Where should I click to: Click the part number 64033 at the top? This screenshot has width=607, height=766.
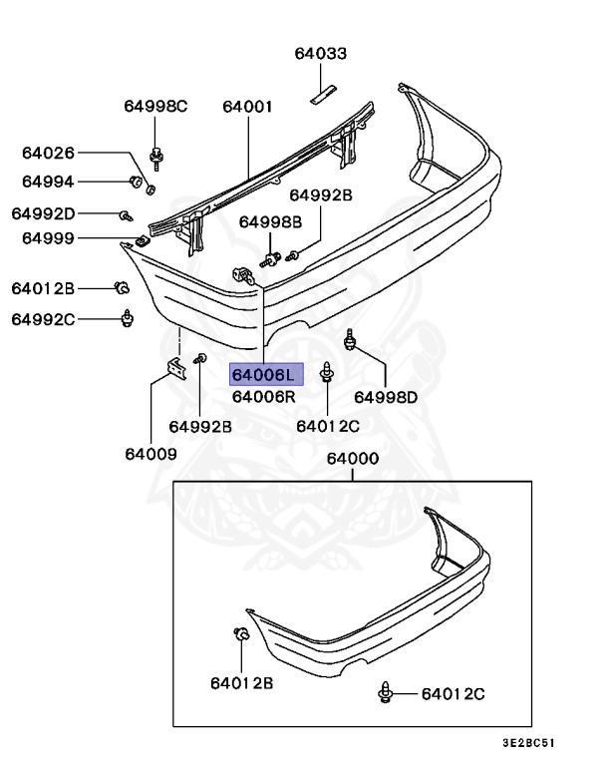pyautogui.click(x=320, y=54)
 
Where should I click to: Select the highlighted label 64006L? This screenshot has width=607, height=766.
pyautogui.click(x=264, y=375)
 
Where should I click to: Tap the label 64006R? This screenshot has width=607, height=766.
pyautogui.click(x=264, y=397)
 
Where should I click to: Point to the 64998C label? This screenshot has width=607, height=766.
pyautogui.click(x=155, y=107)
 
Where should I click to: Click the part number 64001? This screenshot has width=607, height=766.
pyautogui.click(x=247, y=107)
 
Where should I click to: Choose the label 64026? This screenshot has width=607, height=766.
pyautogui.click(x=48, y=153)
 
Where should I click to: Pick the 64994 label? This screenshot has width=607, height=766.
pyautogui.click(x=48, y=182)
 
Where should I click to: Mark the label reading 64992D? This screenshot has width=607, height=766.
pyautogui.click(x=43, y=213)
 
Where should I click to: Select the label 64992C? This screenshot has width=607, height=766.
pyautogui.click(x=43, y=319)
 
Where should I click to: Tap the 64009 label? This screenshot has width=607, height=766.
pyautogui.click(x=151, y=454)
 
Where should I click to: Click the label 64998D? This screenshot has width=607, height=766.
pyautogui.click(x=386, y=397)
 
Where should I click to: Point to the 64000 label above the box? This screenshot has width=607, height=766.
pyautogui.click(x=352, y=459)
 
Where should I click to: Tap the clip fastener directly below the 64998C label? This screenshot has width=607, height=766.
pyautogui.click(x=155, y=155)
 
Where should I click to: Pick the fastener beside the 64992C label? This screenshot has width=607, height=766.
pyautogui.click(x=127, y=318)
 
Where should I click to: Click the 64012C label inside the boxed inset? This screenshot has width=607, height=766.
pyautogui.click(x=452, y=693)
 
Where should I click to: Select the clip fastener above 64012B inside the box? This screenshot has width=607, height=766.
pyautogui.click(x=240, y=635)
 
